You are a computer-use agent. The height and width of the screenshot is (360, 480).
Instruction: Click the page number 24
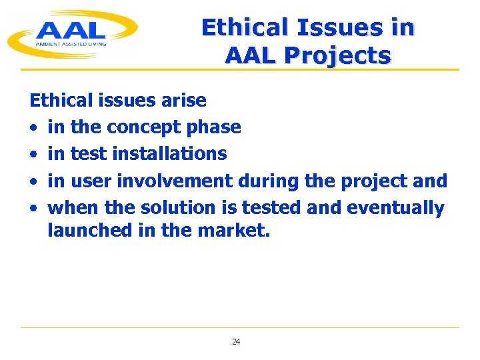tap(236, 342)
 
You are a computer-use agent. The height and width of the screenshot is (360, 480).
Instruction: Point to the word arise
tap(183, 101)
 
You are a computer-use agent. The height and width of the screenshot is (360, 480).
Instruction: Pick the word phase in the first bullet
tap(216, 127)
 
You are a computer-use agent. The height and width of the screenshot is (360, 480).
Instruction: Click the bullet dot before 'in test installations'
tap(33, 155)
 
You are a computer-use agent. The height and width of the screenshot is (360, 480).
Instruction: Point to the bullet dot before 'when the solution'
tap(33, 209)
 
